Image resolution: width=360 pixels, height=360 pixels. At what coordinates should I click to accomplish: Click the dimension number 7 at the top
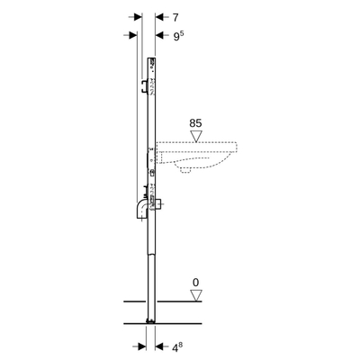pos(175,17)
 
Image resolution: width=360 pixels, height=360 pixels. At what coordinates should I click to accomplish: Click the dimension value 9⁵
pos(177,35)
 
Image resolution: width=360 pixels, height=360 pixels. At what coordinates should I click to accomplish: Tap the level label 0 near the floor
pos(195,283)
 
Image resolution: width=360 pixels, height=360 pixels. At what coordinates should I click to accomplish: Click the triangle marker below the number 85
pos(196,136)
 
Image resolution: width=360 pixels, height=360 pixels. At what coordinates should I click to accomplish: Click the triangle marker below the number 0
pos(195,295)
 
